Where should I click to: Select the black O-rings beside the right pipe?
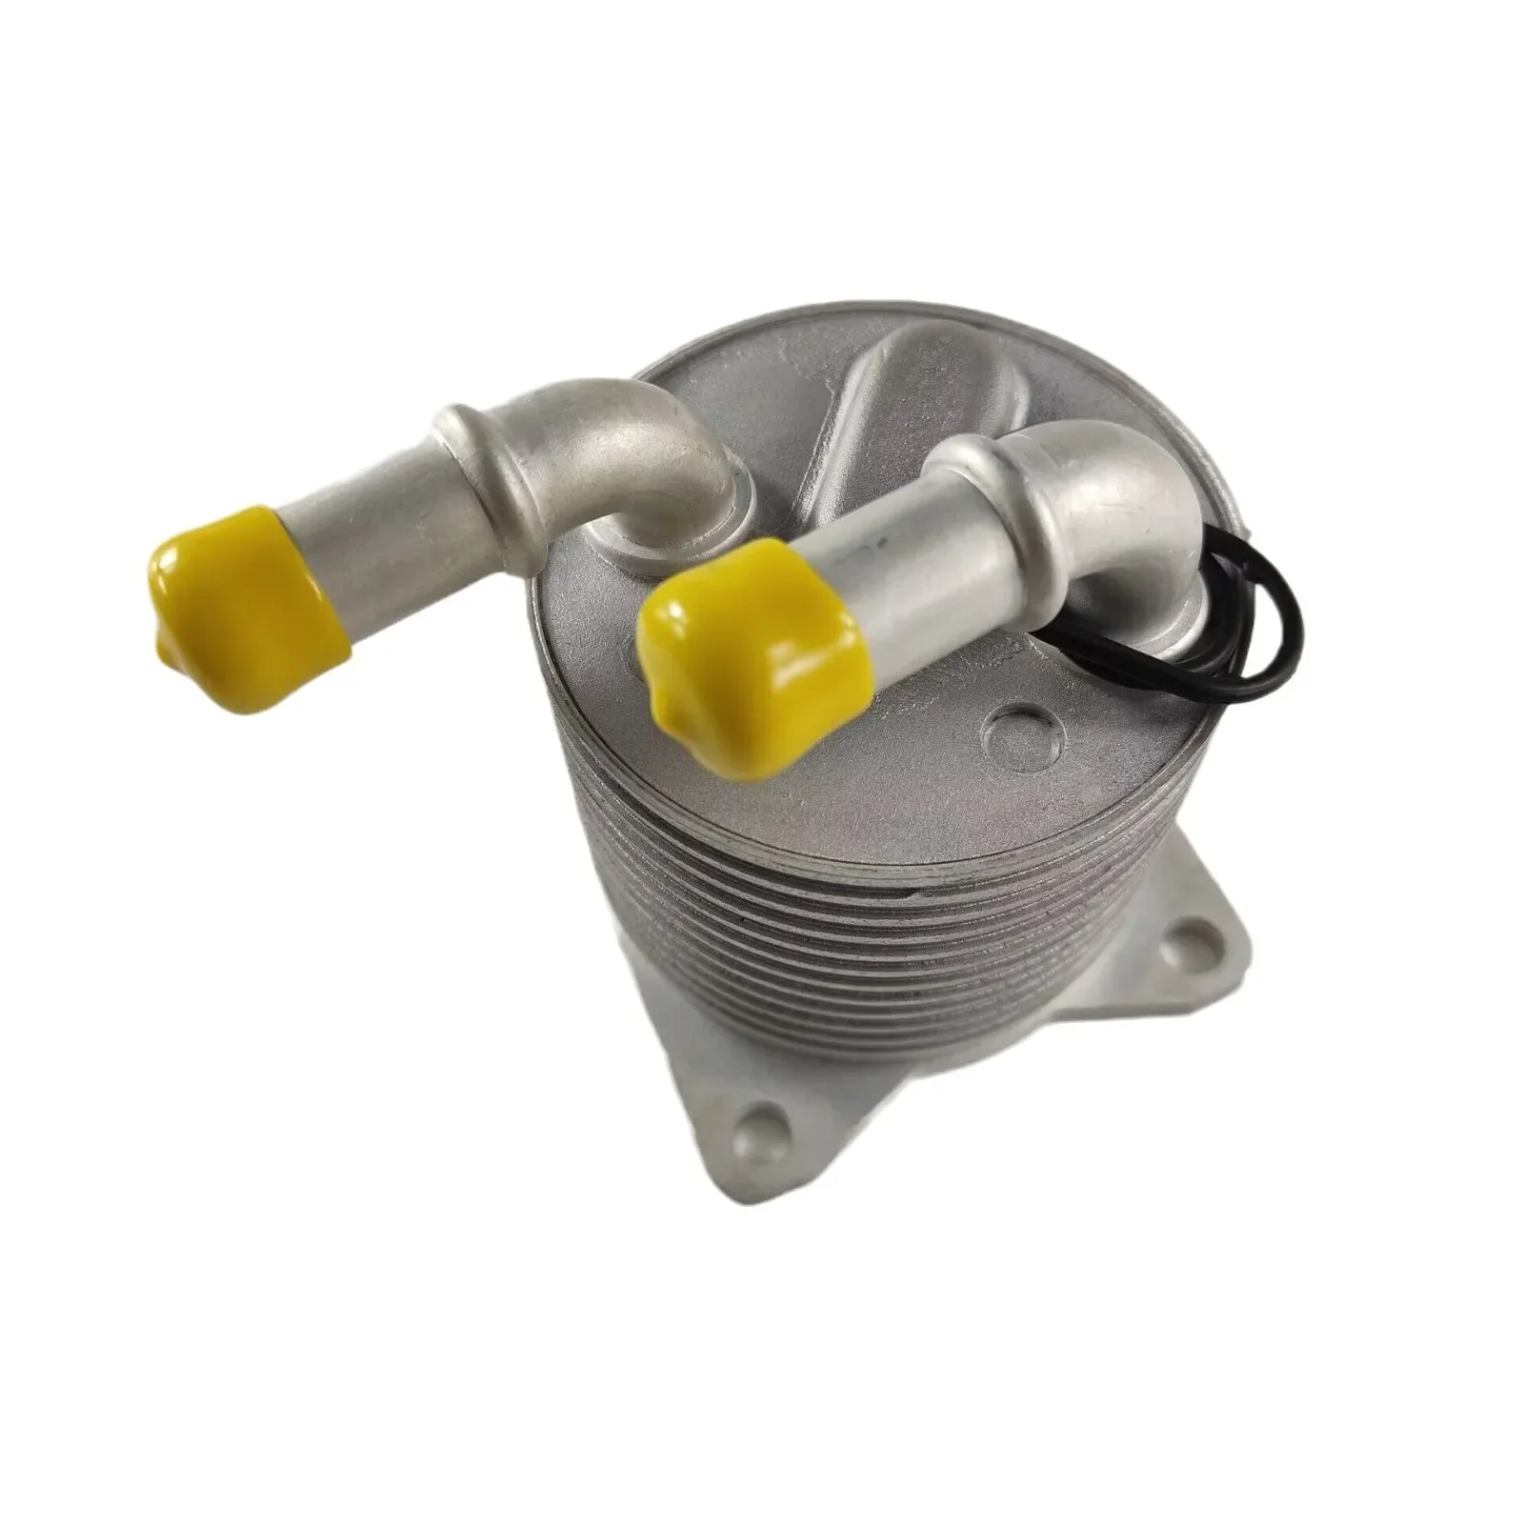point(1229,610)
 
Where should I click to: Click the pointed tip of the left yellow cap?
point(162,648)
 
